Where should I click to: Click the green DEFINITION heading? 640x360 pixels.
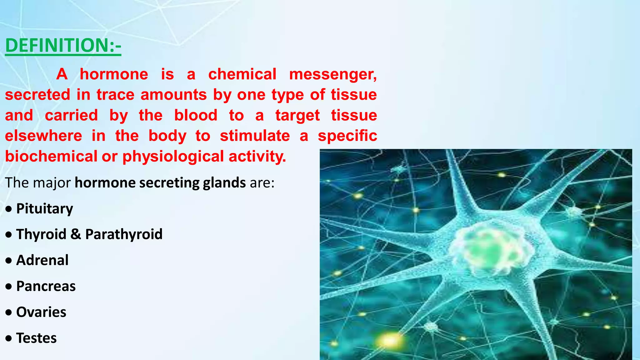[63, 46]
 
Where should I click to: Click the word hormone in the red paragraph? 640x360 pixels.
[114, 74]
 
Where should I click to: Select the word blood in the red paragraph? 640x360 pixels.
[196, 115]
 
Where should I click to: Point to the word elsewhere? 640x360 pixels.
[43, 136]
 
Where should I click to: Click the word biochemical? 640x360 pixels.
[51, 156]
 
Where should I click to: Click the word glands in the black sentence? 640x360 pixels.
[224, 183]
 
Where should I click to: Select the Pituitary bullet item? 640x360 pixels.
[44, 209]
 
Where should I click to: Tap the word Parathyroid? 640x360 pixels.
[124, 234]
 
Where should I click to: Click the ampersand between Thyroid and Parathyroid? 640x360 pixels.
[76, 234]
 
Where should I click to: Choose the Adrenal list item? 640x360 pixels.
[42, 260]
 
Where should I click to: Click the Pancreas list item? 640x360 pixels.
[46, 286]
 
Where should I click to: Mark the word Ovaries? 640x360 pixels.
[41, 312]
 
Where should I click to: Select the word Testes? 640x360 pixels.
[36, 338]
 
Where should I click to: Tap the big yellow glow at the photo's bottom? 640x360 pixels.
[389, 341]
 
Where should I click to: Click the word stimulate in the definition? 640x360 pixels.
[255, 136]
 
